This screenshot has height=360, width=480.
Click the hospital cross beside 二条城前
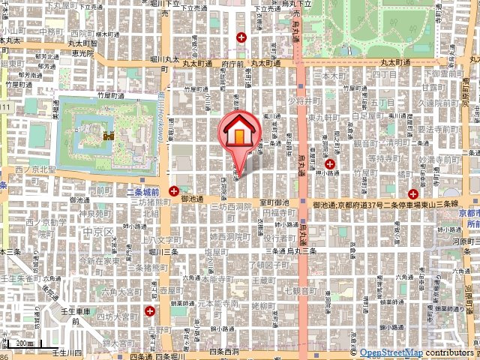(x=174, y=191)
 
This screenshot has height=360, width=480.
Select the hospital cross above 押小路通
(x=329, y=164)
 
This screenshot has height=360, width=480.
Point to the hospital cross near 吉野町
(x=151, y=310)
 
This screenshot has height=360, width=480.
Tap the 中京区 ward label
(x=98, y=232)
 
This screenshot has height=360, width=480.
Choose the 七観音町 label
(x=302, y=288)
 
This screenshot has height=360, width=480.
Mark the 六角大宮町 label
(x=120, y=290)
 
